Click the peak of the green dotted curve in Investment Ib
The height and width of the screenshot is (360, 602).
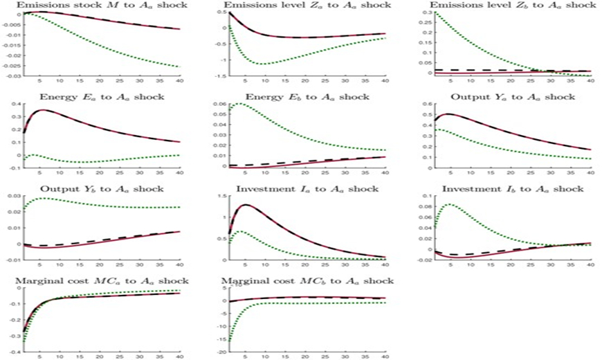click(x=449, y=205)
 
